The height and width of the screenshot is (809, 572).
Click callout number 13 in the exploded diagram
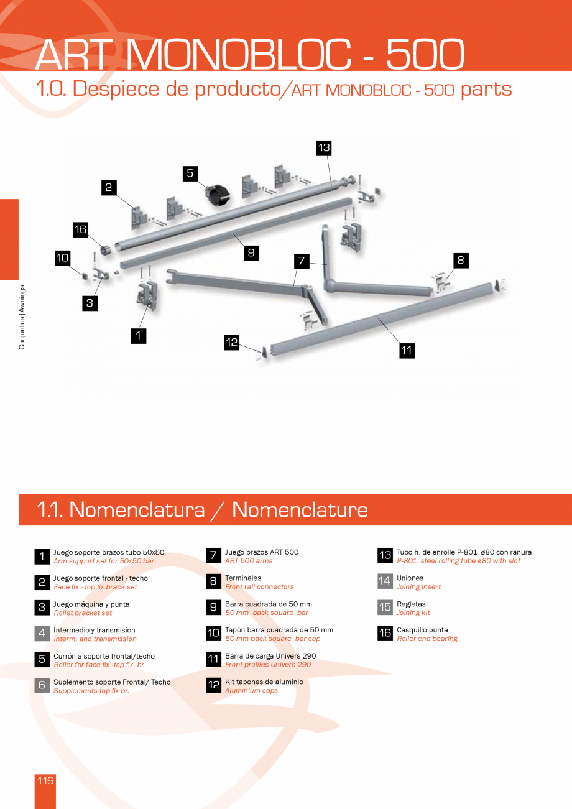click(323, 148)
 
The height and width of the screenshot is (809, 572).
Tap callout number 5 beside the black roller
click(190, 173)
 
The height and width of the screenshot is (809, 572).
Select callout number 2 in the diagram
click(109, 187)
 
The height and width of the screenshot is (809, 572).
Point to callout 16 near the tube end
click(80, 229)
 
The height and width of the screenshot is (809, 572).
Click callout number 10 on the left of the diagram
click(63, 257)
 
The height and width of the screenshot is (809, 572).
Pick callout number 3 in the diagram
click(90, 303)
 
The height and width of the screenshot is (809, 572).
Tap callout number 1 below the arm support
click(138, 335)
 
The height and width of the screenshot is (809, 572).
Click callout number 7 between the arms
click(301, 261)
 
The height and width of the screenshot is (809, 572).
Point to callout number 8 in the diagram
click(461, 260)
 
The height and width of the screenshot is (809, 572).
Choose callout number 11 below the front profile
click(407, 351)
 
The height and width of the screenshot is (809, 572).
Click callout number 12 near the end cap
click(232, 342)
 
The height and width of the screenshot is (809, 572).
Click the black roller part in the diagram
click(216, 190)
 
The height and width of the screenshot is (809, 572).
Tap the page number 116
click(45, 780)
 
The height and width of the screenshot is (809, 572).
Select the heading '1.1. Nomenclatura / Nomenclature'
click(202, 510)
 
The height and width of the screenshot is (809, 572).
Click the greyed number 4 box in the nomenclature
click(42, 634)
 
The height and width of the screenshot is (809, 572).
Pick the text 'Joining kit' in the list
click(413, 613)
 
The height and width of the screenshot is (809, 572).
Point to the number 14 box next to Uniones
click(385, 581)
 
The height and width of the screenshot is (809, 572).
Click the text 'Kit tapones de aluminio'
click(264, 682)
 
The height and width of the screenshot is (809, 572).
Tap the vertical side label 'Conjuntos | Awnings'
click(22, 317)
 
